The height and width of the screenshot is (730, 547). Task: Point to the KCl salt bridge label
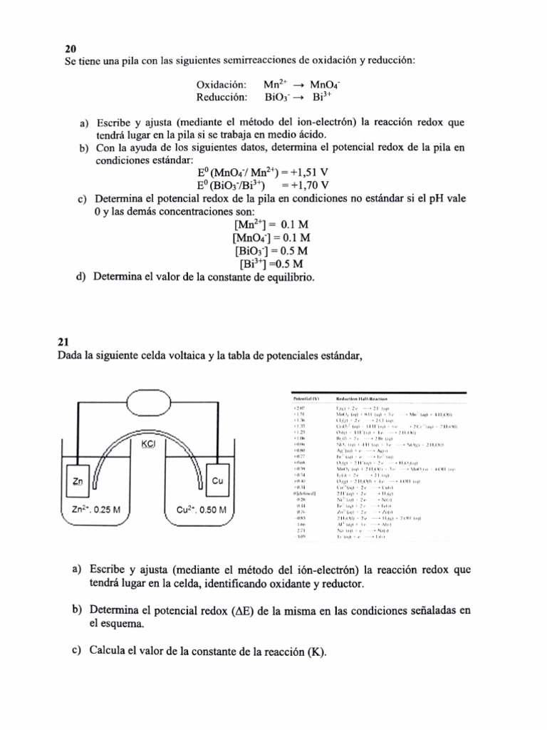click(149, 443)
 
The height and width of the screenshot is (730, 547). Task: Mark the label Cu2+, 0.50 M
click(202, 510)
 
